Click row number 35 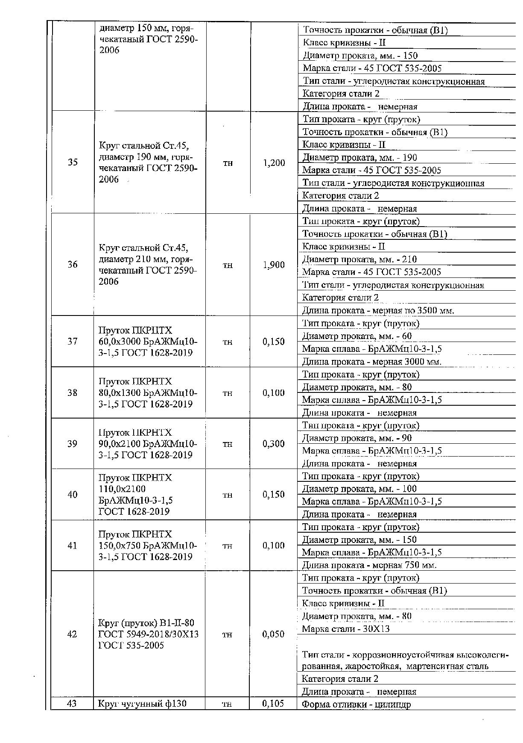pos(73,162)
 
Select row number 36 pos(73,265)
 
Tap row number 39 pos(73,444)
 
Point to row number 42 pos(72,634)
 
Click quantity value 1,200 pos(274,163)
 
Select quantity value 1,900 pos(274,265)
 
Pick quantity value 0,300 pos(274,444)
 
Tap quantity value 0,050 pos(273,634)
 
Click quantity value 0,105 pos(273,703)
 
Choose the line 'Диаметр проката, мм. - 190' pos(359,158)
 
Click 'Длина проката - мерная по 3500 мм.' pos(378,311)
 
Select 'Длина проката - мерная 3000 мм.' pos(371,362)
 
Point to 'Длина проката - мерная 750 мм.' pos(369,565)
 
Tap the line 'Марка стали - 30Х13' pos(345,629)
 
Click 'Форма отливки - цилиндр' pos(356,705)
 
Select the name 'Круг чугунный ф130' pos(143,703)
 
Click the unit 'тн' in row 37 pos(228,342)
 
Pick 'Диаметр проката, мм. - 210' pos(359,259)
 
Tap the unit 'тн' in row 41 pos(228,546)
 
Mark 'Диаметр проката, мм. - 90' pos(357,438)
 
